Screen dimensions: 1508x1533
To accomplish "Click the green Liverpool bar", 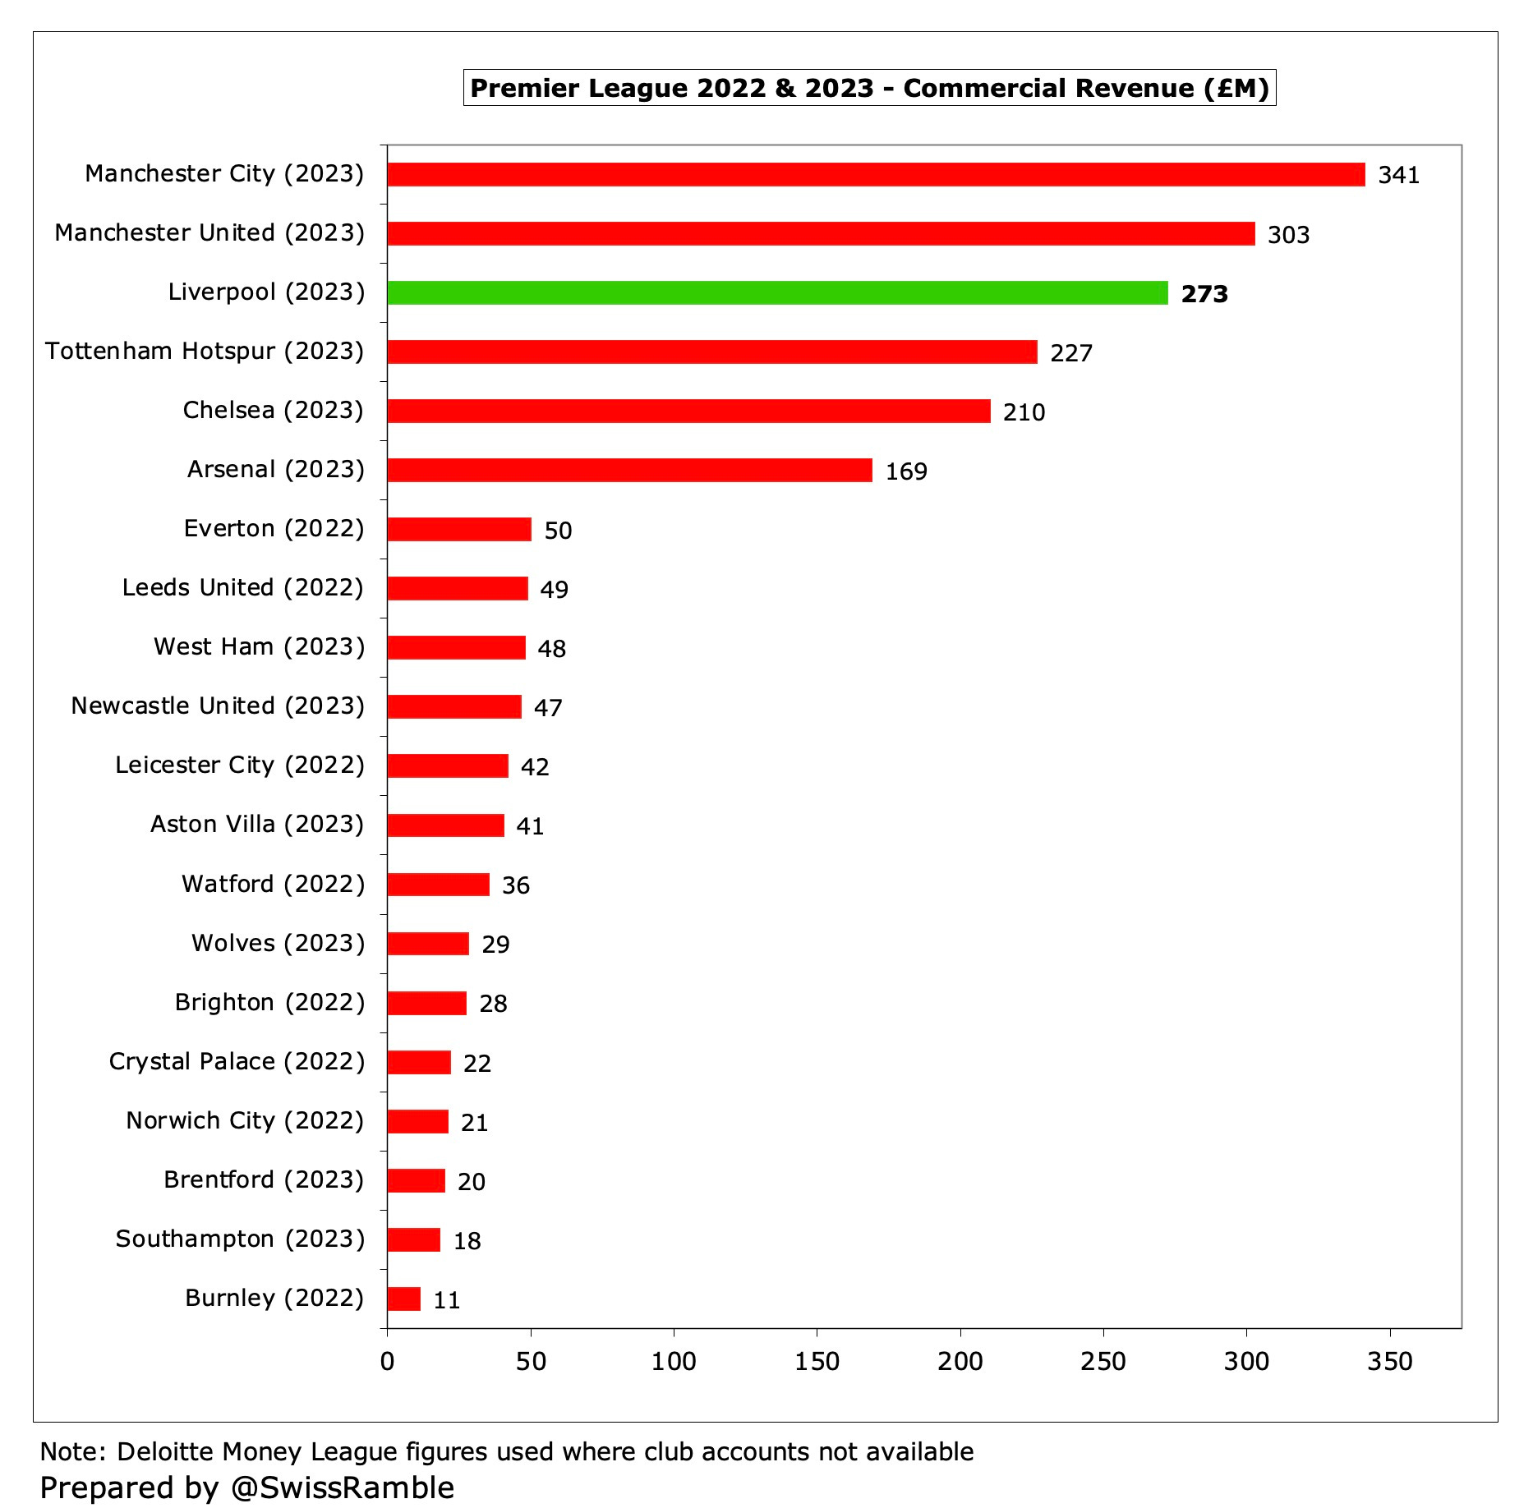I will (x=777, y=292).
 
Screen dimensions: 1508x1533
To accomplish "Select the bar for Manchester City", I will (x=876, y=174).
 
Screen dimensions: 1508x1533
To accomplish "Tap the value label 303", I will (x=1288, y=235).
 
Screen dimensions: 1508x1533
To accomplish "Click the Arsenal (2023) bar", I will (x=629, y=470).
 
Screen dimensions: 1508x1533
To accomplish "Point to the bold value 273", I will (x=1204, y=294).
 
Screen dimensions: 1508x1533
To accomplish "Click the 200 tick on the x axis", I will (x=960, y=1361).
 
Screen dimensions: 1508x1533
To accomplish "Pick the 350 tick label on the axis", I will (x=1389, y=1361).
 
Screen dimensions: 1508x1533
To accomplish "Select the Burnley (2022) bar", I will (x=403, y=1299).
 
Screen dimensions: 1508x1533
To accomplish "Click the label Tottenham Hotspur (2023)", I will (x=205, y=352).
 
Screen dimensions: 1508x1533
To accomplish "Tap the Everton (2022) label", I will (x=274, y=528).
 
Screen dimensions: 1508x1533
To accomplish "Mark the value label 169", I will (x=906, y=471).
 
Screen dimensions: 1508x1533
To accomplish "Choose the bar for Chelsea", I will (x=688, y=411).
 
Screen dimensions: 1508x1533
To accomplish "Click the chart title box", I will (x=869, y=88).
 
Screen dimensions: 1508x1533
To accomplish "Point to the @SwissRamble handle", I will (x=342, y=1487).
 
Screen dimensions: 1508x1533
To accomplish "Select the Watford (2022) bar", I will (x=438, y=885).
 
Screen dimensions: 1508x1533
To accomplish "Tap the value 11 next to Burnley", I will (x=446, y=1300).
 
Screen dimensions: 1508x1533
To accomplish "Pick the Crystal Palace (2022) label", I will (x=237, y=1061).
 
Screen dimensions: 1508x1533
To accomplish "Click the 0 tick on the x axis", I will (x=387, y=1361).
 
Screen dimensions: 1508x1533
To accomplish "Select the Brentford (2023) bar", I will (x=416, y=1180).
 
